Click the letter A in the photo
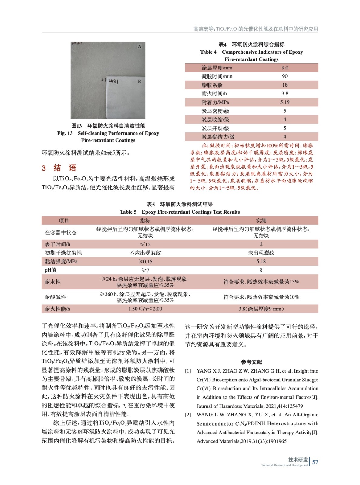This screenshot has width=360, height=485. pyautogui.click(x=140, y=47)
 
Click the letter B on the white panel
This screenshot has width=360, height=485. pyautogui.click(x=140, y=82)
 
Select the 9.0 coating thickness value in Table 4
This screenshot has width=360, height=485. pyautogui.click(x=285, y=68)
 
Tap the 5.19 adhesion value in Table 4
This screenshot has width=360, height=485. pyautogui.click(x=285, y=102)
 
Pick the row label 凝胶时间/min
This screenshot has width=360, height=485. pyautogui.click(x=217, y=76)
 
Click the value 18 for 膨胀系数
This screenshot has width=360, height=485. pyautogui.click(x=285, y=85)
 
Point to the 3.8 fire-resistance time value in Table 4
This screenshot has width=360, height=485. pyautogui.click(x=285, y=94)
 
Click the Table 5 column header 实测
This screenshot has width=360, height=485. pyautogui.click(x=261, y=221)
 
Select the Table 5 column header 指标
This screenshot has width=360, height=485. pyautogui.click(x=145, y=221)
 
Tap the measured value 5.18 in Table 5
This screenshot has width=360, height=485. pyautogui.click(x=261, y=262)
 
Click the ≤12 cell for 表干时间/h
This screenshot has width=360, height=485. pyautogui.click(x=145, y=244)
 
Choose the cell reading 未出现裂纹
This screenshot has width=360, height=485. pyautogui.click(x=261, y=253)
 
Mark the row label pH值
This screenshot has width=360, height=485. pyautogui.click(x=51, y=270)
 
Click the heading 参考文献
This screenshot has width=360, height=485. pyautogui.click(x=251, y=362)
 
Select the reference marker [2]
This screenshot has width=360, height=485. pyautogui.click(x=188, y=415)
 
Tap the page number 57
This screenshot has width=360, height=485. pyautogui.click(x=315, y=462)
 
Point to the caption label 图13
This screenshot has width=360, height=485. pyautogui.click(x=76, y=126)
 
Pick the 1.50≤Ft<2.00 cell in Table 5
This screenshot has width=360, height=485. pyautogui.click(x=145, y=309)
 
